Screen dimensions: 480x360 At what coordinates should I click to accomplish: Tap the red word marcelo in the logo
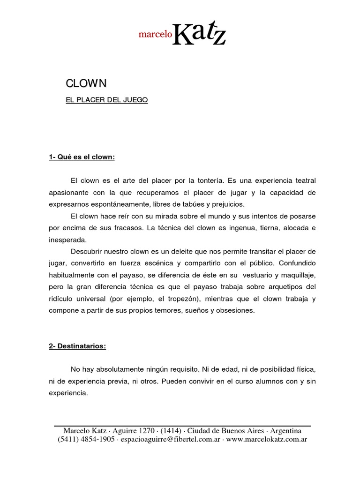pos(155,34)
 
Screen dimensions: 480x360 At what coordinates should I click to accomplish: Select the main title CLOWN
pos(86,83)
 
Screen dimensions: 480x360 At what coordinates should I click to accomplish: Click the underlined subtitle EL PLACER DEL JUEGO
pos(106,100)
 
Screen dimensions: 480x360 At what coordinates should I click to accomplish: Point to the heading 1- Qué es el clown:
pos(82,157)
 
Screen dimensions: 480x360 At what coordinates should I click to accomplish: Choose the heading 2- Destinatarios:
pos(77,346)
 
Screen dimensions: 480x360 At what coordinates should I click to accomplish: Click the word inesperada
pos(67,240)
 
